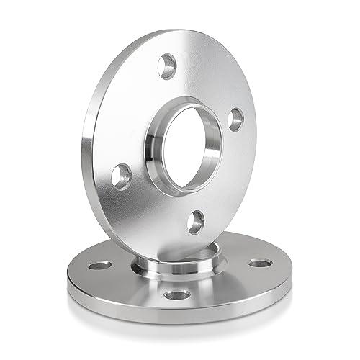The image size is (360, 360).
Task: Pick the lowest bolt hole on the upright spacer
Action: click(196, 221)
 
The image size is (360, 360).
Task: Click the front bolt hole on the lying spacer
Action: click(173, 295)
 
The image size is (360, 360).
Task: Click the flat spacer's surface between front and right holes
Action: click(223, 284)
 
